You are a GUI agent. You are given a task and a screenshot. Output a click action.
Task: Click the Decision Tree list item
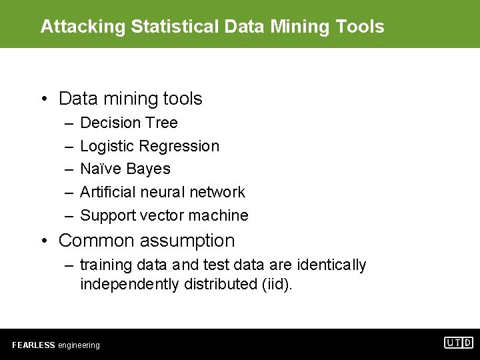129,123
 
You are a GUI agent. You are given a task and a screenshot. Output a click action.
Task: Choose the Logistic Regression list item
149,146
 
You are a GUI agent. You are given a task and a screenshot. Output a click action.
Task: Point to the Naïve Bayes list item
125,169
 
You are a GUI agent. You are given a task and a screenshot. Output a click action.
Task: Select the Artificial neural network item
163,192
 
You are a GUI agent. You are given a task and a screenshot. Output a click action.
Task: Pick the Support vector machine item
164,215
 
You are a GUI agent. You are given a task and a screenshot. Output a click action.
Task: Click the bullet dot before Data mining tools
43,99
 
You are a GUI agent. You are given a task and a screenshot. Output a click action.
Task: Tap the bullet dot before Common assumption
43,241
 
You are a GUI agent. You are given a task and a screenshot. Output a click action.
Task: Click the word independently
128,285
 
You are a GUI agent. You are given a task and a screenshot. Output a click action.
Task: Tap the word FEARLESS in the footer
33,345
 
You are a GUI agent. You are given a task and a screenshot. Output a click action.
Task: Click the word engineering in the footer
79,345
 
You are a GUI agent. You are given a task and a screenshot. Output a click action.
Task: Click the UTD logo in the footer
459,343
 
